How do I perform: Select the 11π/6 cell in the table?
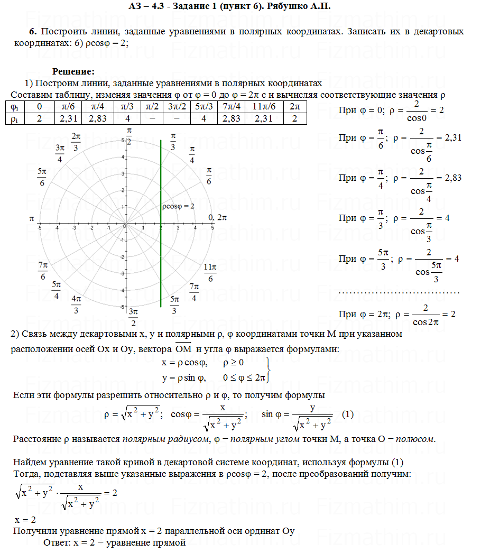click(x=263, y=106)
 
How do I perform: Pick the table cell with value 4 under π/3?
click(x=127, y=118)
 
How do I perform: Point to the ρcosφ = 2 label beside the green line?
click(x=178, y=206)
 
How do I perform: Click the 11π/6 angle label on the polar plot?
click(x=210, y=273)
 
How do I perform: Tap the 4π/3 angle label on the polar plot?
click(x=77, y=305)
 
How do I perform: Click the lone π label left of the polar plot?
click(x=32, y=218)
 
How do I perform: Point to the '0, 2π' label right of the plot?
click(x=218, y=217)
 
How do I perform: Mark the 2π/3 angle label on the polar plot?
click(x=76, y=142)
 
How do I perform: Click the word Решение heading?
click(x=73, y=72)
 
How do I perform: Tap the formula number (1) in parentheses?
click(x=347, y=414)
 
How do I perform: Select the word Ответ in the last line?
click(x=56, y=542)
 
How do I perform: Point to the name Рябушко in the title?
click(x=298, y=6)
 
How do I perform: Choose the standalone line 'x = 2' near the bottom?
click(x=25, y=520)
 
